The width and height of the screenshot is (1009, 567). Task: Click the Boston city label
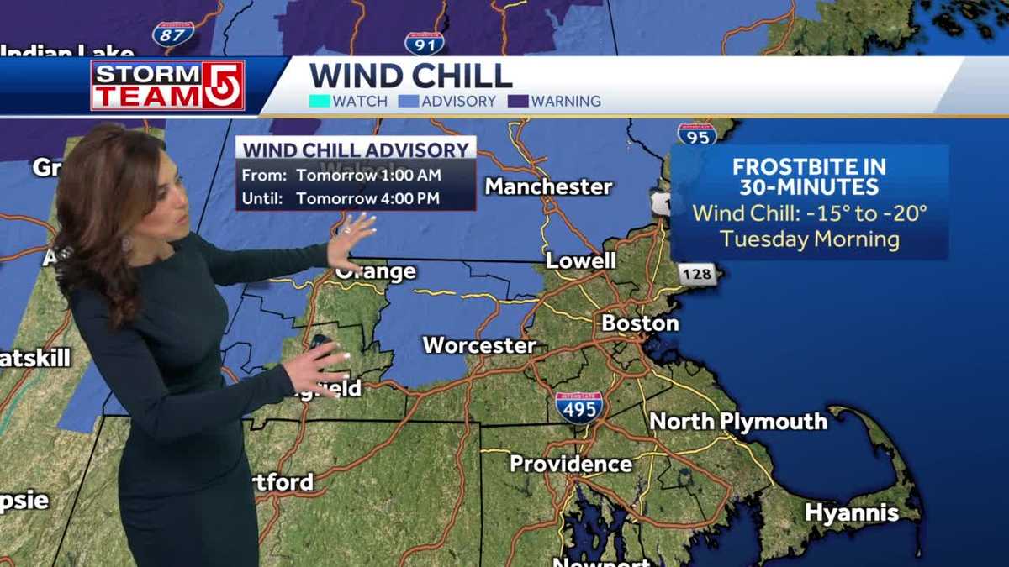pyautogui.click(x=640, y=323)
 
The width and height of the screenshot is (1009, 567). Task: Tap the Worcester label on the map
pyautogui.click(x=479, y=345)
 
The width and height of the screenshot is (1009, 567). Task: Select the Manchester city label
pyautogui.click(x=548, y=186)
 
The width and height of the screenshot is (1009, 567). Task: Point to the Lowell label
pyautogui.click(x=581, y=260)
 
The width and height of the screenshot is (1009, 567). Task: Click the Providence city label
pyautogui.click(x=571, y=464)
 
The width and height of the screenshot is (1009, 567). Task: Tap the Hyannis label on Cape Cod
pyautogui.click(x=851, y=512)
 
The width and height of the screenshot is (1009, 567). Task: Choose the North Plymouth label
pyautogui.click(x=738, y=421)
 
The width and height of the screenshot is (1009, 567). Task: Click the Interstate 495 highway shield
pyautogui.click(x=578, y=407)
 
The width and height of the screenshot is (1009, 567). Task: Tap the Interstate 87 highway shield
pyautogui.click(x=173, y=34)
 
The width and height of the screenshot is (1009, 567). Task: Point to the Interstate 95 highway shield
pyautogui.click(x=697, y=134)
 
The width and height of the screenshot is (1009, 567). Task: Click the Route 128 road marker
pyautogui.click(x=697, y=274)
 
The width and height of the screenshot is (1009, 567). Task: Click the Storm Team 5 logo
pyautogui.click(x=167, y=85)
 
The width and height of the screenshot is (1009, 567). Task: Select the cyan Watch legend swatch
pyautogui.click(x=320, y=102)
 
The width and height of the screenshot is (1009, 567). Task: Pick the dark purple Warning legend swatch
pyautogui.click(x=518, y=102)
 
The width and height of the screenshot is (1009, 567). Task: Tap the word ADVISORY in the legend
pyautogui.click(x=458, y=102)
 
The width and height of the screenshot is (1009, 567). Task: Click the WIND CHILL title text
pyautogui.click(x=410, y=76)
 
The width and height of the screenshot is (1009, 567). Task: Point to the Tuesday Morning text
pyautogui.click(x=809, y=239)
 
